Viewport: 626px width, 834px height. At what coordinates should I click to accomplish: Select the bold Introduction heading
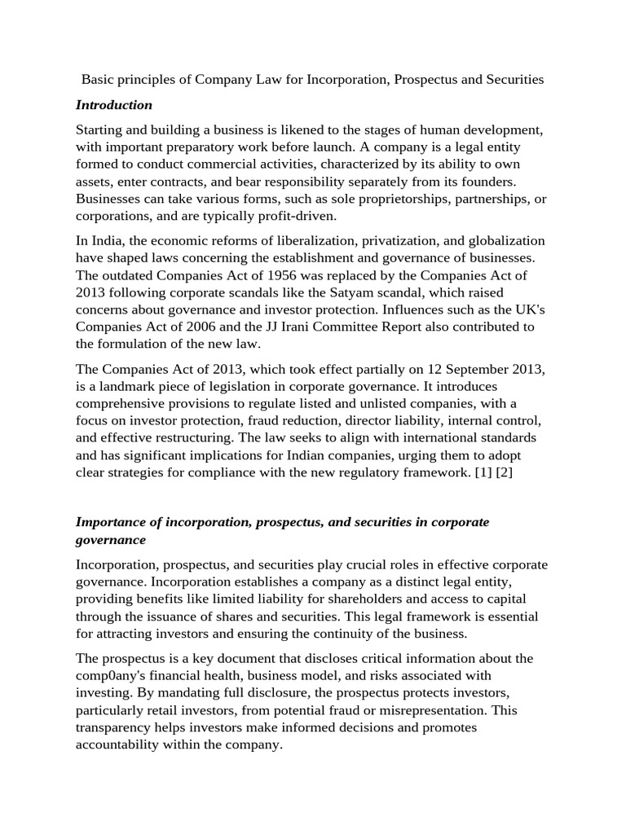click(x=114, y=105)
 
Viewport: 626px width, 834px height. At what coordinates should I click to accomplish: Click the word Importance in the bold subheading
click(x=111, y=522)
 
